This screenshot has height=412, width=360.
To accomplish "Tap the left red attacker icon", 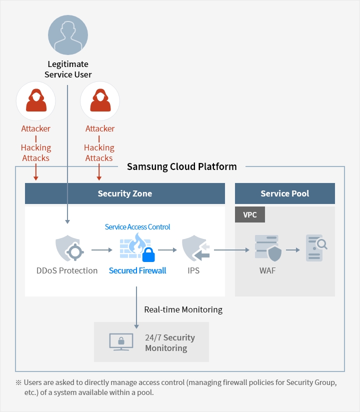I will coord(35,101).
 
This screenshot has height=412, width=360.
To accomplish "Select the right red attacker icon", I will coord(99,101).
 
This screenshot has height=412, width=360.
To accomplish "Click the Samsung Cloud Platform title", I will coord(181,166).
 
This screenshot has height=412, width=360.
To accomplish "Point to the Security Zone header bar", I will coord(125,193).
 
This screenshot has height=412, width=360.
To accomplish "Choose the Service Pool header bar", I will coord(284,193).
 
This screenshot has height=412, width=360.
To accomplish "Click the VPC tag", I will coord(249,214).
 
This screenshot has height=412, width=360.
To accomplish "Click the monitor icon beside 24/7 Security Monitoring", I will coord(121,342).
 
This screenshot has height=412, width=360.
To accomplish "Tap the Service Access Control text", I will coord(137,227).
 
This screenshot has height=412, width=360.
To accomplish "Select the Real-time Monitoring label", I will coord(183,309).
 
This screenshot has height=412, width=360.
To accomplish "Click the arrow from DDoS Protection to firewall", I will coord(103,249).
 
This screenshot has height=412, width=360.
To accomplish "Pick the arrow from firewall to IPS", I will coord(167,249).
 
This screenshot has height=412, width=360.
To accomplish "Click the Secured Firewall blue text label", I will coord(137,270).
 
